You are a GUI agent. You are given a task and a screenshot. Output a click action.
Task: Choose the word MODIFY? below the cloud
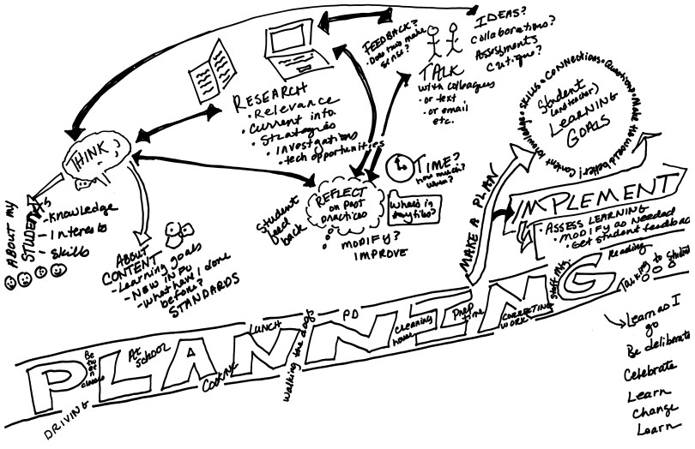tap(353, 241)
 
